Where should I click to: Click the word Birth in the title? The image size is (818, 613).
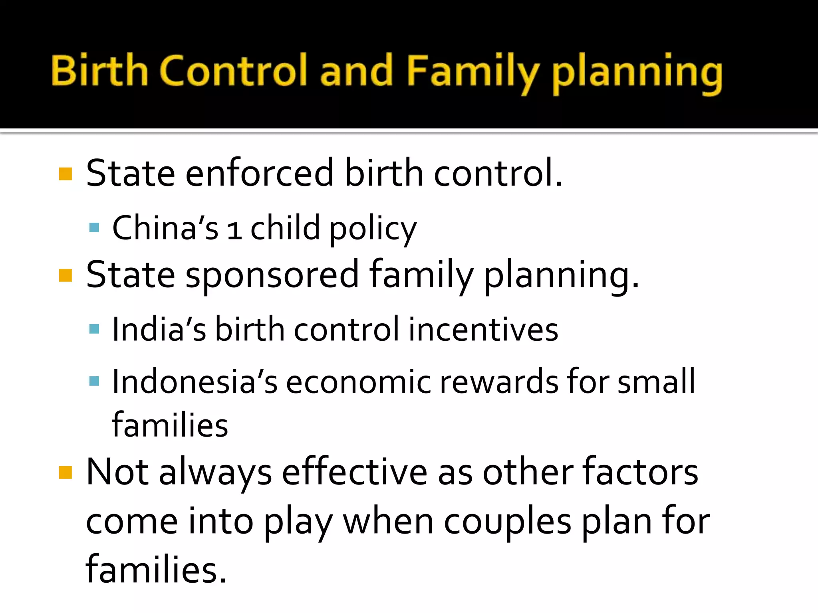click(x=100, y=71)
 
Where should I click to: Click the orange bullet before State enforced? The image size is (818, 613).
click(x=65, y=174)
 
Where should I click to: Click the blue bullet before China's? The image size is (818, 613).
click(x=94, y=228)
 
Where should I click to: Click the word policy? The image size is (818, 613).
click(x=373, y=229)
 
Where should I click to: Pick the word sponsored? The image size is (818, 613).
click(x=272, y=275)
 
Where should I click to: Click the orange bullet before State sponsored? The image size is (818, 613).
click(x=65, y=275)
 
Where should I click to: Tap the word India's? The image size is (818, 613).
click(x=159, y=329)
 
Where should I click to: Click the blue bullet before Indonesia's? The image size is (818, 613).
click(x=94, y=381)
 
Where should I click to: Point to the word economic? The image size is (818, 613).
click(x=358, y=382)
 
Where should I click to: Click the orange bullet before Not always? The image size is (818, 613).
click(x=65, y=473)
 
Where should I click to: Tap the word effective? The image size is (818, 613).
click(x=355, y=473)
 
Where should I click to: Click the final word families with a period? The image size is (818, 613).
click(x=156, y=569)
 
